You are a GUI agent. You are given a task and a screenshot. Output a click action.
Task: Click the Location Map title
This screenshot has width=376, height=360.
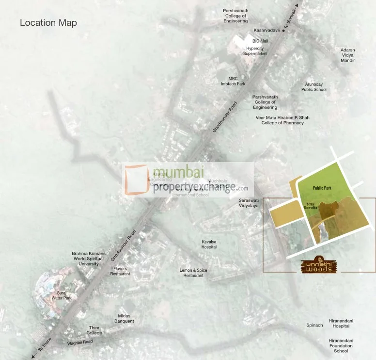pyautogui.click(x=48, y=23)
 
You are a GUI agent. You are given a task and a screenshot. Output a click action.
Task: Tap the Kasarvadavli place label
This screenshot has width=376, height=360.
pyautogui.click(x=267, y=30)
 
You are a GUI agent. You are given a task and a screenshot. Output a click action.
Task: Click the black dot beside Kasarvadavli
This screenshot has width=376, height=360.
pyautogui.click(x=283, y=30)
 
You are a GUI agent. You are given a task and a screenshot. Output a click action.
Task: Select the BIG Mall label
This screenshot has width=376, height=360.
pyautogui.click(x=260, y=41)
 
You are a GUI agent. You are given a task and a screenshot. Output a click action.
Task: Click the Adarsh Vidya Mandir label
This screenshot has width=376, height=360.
pyautogui.click(x=347, y=55)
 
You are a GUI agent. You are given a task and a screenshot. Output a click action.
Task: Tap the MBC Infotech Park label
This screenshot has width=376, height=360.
pyautogui.click(x=233, y=81)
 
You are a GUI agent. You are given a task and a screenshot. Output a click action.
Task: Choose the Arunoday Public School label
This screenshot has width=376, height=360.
pyautogui.click(x=314, y=87)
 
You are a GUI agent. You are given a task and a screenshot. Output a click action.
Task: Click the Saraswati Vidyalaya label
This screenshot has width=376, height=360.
pyautogui.click(x=249, y=203)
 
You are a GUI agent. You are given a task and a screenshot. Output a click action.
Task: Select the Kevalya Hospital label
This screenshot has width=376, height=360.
pyautogui.click(x=209, y=244)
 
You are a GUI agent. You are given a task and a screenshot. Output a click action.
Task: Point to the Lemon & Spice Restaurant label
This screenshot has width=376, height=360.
pyautogui.click(x=193, y=273)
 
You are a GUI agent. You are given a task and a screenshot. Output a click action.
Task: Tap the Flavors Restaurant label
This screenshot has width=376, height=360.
pyautogui.click(x=120, y=271)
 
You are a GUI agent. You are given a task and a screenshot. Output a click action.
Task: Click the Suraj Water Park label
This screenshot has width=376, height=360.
pyautogui.click(x=62, y=295)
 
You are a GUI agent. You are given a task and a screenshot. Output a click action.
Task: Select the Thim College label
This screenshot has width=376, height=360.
pyautogui.click(x=94, y=330)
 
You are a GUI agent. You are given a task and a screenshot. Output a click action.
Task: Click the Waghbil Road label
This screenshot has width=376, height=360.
pyautogui.click(x=80, y=342)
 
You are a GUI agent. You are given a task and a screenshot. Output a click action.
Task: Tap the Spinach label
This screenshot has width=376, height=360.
pyautogui.click(x=314, y=325)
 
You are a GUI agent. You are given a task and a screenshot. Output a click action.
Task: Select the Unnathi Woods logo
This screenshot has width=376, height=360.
pyautogui.click(x=318, y=265)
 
